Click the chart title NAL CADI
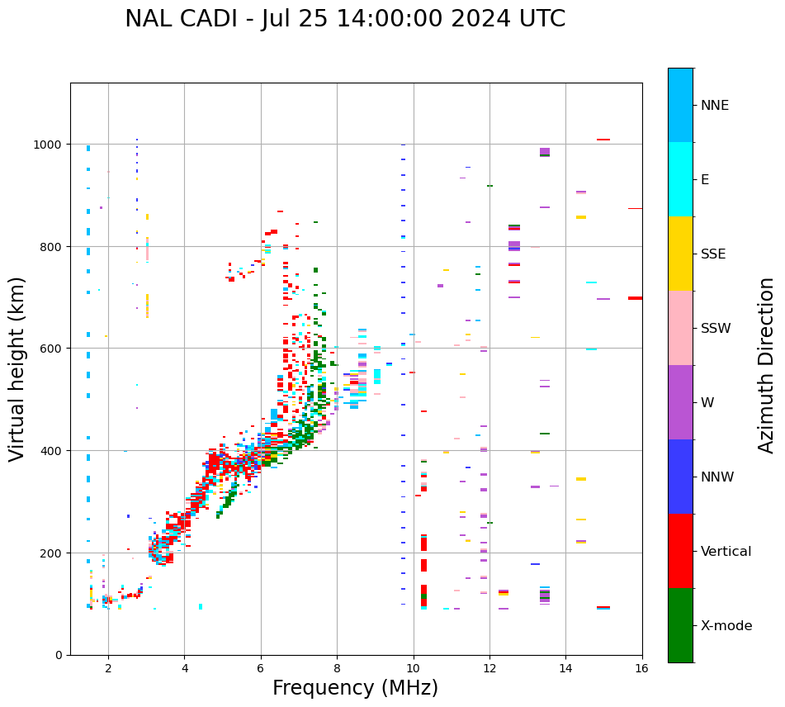345,19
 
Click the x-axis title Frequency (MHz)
355,688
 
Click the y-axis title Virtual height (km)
17,368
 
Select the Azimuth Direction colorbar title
767,365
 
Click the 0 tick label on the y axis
59,655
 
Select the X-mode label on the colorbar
726,626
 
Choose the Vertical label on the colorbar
726,552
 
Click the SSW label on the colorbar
716,329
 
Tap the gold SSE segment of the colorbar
680,254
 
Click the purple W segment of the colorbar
680,402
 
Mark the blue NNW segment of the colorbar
680,477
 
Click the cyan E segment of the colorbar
680,179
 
